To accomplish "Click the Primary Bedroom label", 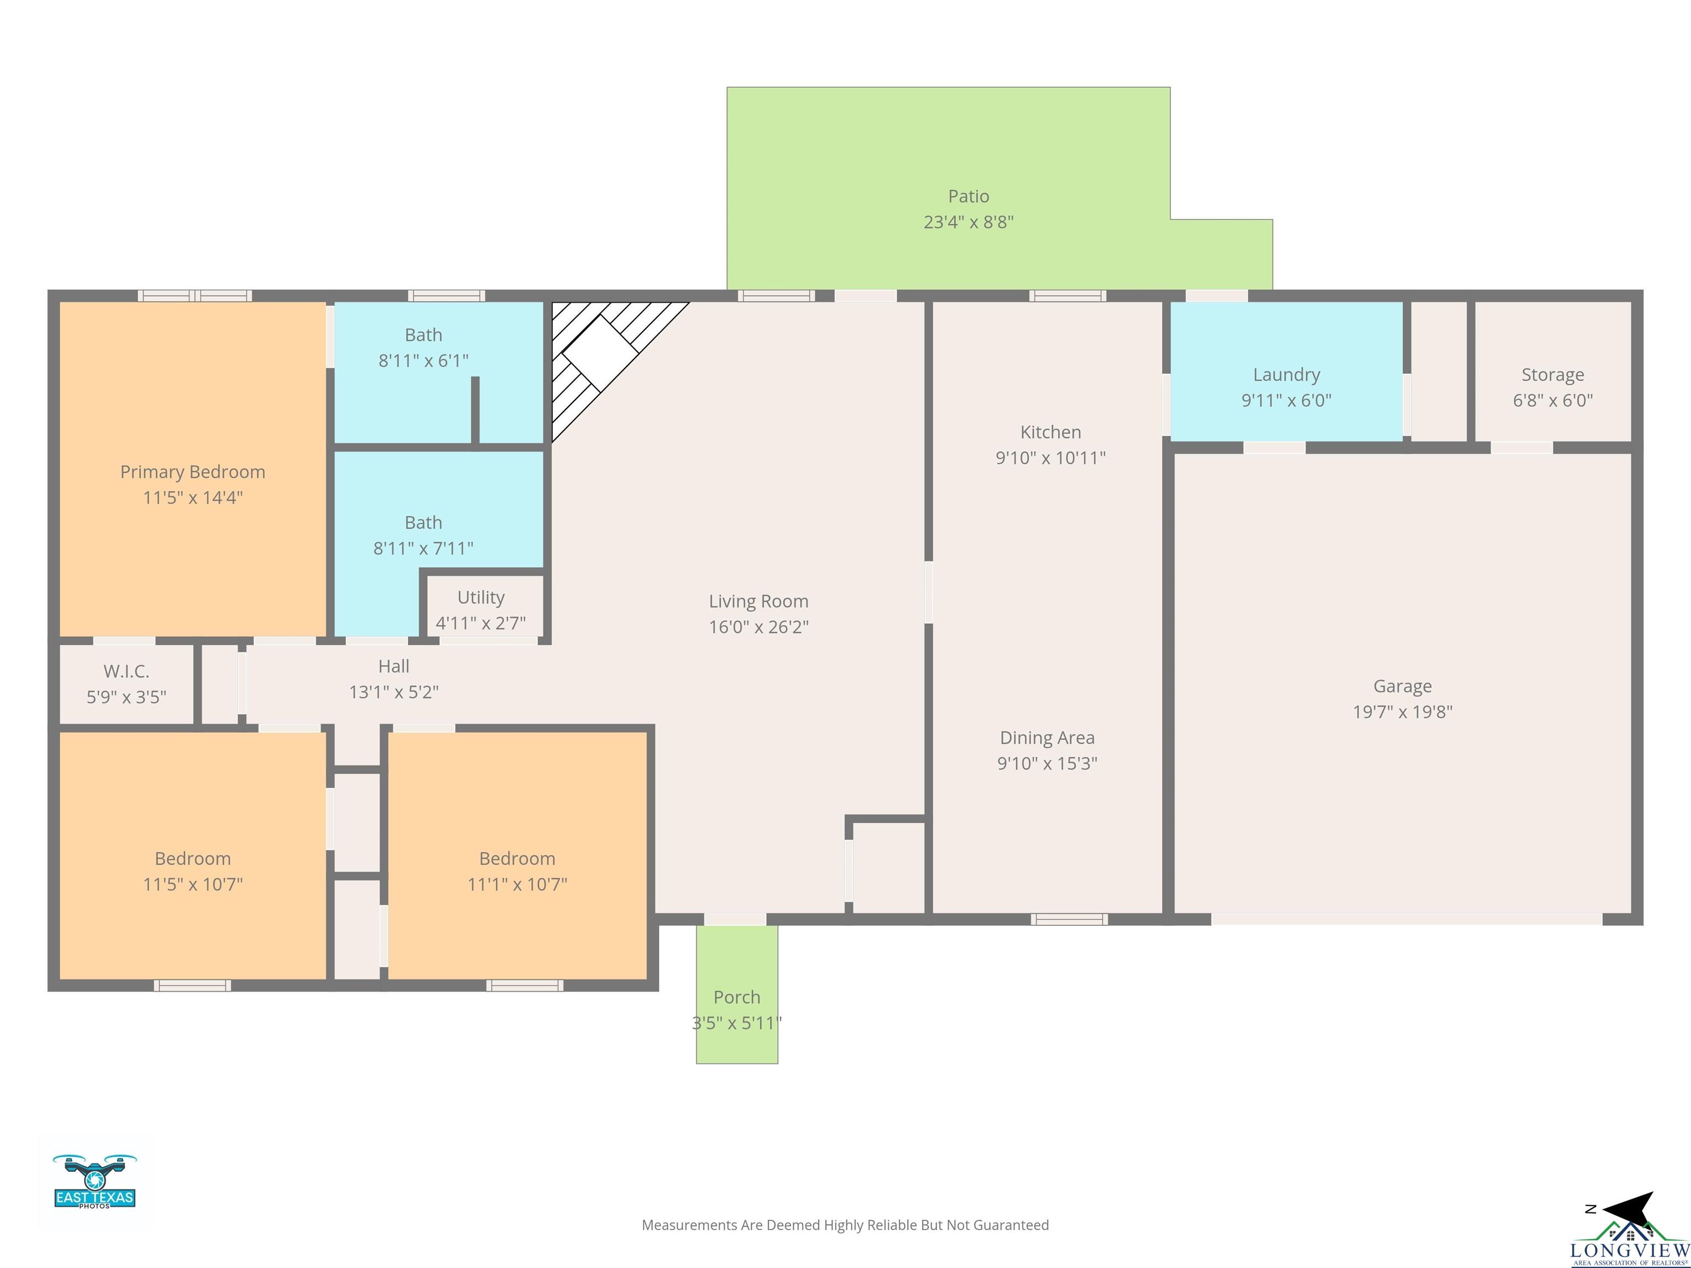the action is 193,472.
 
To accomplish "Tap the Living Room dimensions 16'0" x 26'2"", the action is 759,627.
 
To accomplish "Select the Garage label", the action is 1402,686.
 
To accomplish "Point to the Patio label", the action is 969,196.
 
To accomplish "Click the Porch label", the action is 737,997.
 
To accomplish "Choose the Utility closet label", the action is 481,598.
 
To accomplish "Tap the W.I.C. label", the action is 126,671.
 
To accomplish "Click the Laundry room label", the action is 1286,375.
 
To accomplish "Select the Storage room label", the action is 1553,375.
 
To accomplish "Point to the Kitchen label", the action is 1050,432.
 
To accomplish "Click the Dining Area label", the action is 1048,737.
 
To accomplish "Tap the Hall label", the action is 394,666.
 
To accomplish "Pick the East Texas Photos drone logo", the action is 95,1181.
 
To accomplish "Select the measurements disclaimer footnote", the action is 845,1225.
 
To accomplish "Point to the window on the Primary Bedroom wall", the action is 195,296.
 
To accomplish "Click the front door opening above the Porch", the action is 735,920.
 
